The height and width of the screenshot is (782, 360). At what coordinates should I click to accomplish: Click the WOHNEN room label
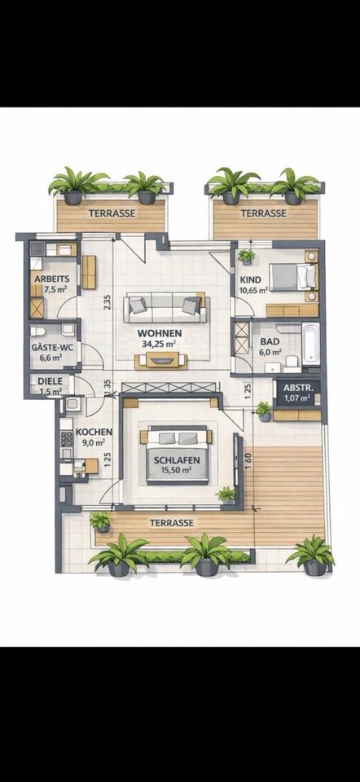(159, 333)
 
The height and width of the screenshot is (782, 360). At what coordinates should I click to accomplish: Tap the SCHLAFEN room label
(177, 459)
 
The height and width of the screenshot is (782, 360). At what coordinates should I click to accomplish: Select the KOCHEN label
(89, 433)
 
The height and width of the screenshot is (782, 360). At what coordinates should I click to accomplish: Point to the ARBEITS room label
(51, 278)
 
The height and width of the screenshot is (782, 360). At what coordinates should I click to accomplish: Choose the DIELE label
(49, 380)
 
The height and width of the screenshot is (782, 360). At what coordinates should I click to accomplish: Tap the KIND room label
(251, 279)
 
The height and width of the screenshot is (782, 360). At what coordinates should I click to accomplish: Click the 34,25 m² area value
(159, 344)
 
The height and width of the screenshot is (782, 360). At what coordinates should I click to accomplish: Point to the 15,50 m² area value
(177, 470)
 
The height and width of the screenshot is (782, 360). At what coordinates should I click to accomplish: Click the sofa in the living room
(166, 308)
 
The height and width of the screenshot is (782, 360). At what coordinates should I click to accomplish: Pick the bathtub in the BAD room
(311, 343)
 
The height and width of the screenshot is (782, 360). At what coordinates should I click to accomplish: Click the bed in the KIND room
(292, 277)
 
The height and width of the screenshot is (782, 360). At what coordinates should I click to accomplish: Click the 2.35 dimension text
(107, 301)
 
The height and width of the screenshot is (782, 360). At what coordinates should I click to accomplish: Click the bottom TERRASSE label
(171, 522)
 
